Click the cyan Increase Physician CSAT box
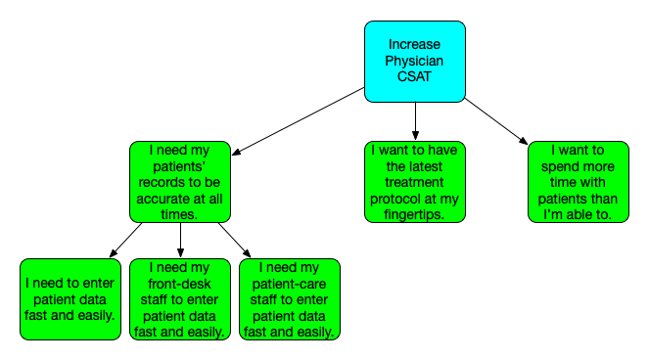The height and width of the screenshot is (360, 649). click(415, 61)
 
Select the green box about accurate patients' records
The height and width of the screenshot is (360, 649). click(179, 182)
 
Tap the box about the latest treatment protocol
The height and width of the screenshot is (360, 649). click(415, 182)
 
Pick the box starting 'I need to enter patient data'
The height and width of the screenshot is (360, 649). click(70, 299)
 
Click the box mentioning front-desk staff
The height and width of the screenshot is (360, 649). click(179, 299)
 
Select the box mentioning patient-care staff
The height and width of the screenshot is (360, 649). click(289, 299)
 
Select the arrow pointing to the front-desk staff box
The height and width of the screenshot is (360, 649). click(180, 241)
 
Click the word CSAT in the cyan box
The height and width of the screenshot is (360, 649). click(415, 77)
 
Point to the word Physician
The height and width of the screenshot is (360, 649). click(415, 61)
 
